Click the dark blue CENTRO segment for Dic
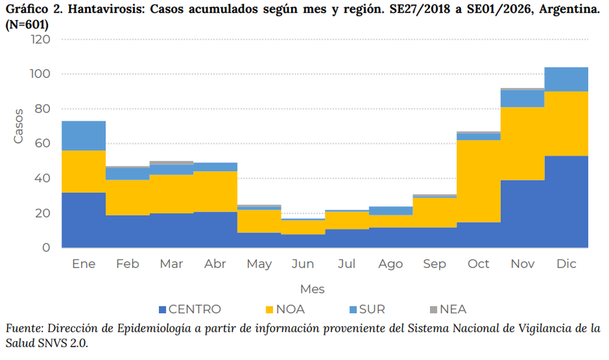tap(566, 202)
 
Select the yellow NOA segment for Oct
tap(478, 181)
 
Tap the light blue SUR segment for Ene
tap(83, 135)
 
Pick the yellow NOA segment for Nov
tap(522, 143)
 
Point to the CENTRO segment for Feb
tap(127, 231)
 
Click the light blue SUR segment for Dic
tap(566, 79)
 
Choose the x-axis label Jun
tap(303, 264)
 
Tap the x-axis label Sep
tap(434, 264)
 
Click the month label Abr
tap(215, 264)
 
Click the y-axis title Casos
tap(18, 126)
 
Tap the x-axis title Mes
tap(312, 288)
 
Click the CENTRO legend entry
tap(189, 309)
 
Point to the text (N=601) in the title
tap(27, 25)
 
